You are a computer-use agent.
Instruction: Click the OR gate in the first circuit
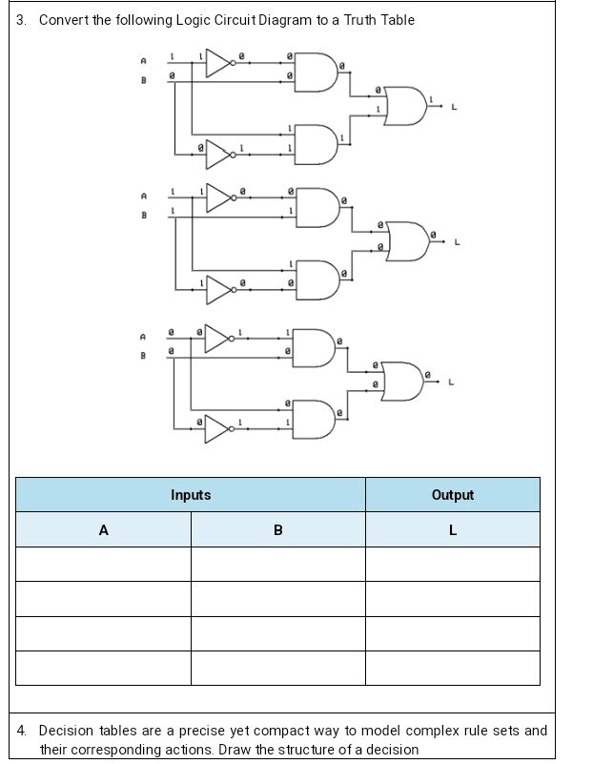(405, 106)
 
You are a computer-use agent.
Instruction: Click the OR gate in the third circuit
(401, 381)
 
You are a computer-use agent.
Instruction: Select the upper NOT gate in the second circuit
(219, 198)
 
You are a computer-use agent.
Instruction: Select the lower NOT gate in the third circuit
(217, 429)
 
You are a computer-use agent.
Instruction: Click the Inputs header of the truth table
(191, 495)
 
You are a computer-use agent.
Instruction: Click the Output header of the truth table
(452, 495)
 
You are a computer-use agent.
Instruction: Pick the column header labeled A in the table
(103, 530)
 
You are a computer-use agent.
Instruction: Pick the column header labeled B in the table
(277, 530)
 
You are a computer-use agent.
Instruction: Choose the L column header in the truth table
(452, 530)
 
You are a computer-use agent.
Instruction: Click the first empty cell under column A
(103, 564)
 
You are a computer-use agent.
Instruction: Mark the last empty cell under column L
(452, 668)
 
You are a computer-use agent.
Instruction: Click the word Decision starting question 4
(66, 732)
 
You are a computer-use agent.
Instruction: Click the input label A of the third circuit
(143, 336)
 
